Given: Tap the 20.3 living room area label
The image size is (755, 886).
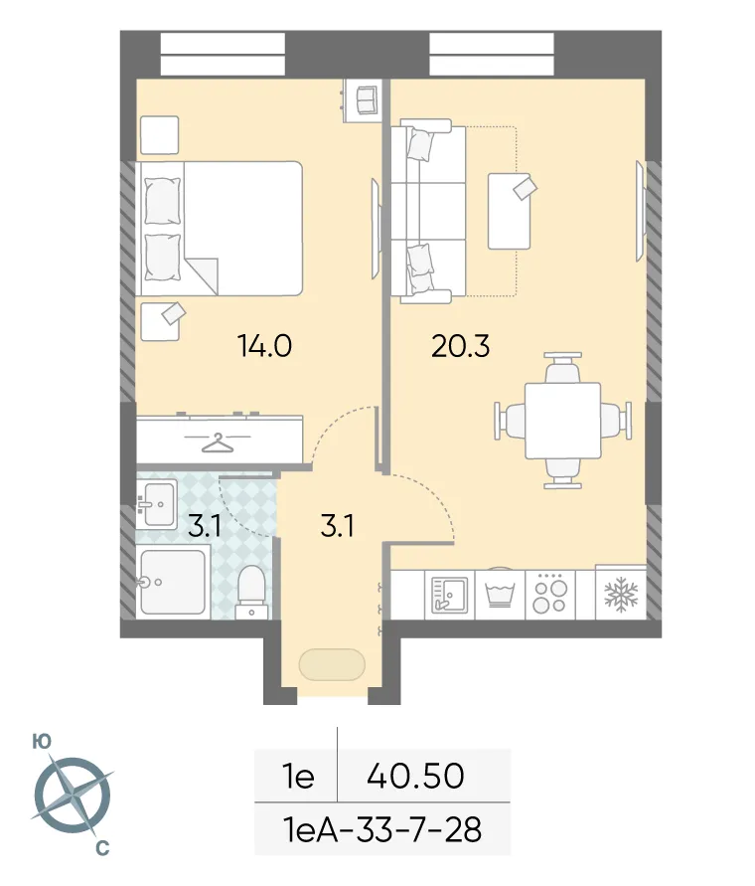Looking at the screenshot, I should pos(460,347).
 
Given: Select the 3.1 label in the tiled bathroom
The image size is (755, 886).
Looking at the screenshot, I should pos(205,526).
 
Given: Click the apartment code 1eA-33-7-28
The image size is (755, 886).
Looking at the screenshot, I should pos(382,828).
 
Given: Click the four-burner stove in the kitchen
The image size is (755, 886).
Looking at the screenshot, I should pos(549,595).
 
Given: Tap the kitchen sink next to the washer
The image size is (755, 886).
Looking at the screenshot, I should pos(449,595).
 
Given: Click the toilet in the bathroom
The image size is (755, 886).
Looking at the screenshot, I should pos(252,586).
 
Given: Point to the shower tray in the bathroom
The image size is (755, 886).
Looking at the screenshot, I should pos(172,583).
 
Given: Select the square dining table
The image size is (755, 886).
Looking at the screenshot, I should pos(562,420).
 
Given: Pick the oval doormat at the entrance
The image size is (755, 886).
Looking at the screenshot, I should pos(332,664).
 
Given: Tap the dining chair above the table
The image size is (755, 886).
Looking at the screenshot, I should pos(562,369).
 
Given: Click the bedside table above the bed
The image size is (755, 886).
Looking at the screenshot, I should pos(159,134).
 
